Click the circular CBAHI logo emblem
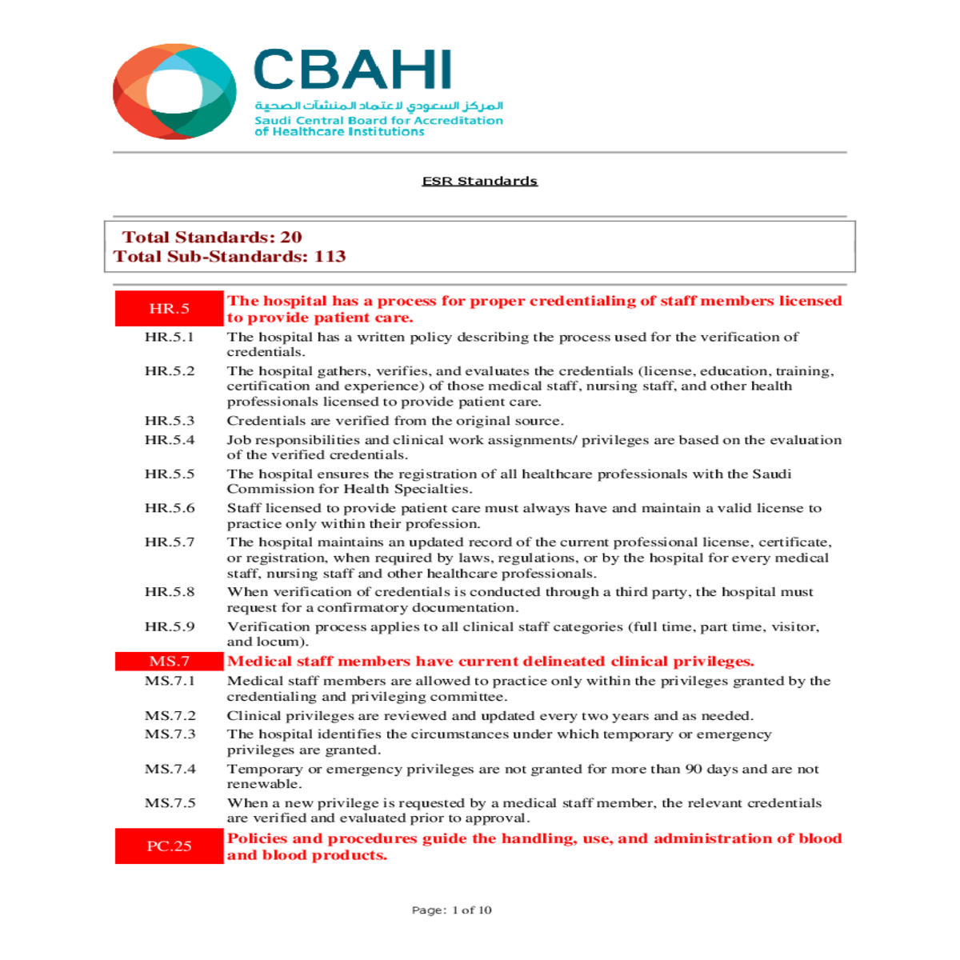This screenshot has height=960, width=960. click(x=174, y=91)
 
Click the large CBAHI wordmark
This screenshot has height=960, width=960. click(x=353, y=70)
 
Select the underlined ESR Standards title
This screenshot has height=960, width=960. click(x=479, y=181)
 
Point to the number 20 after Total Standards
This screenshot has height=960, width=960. click(x=290, y=237)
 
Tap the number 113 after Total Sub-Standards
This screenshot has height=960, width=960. click(x=330, y=256)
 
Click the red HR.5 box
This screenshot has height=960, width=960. click(x=169, y=309)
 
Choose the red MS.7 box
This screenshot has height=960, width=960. click(x=169, y=662)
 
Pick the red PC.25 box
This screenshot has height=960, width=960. click(x=169, y=846)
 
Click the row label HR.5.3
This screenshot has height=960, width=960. click(x=169, y=421)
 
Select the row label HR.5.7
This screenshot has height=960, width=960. click(x=169, y=542)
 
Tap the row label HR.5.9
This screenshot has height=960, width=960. click(x=169, y=626)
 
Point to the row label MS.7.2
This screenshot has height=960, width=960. click(x=170, y=716)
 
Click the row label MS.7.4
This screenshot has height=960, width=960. click(x=170, y=769)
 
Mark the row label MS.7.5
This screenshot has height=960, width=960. click(x=170, y=803)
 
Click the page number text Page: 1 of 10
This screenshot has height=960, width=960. click(x=451, y=910)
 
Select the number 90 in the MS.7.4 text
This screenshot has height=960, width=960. click(x=694, y=769)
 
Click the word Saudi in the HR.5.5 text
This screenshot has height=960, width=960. click(x=771, y=474)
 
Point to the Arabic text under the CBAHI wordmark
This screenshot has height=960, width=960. click(x=378, y=106)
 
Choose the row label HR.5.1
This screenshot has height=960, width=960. click(x=169, y=337)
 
